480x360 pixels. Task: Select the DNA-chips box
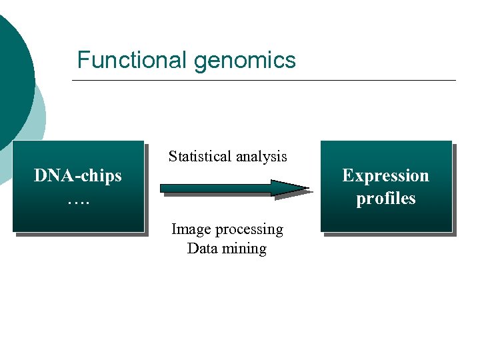tap(78, 213)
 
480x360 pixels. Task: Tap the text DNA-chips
tap(78, 176)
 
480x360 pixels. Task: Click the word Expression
tap(385, 175)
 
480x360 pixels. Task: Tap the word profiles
tap(385, 199)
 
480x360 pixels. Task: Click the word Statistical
tap(197, 157)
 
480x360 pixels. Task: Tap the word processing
tap(249, 230)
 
